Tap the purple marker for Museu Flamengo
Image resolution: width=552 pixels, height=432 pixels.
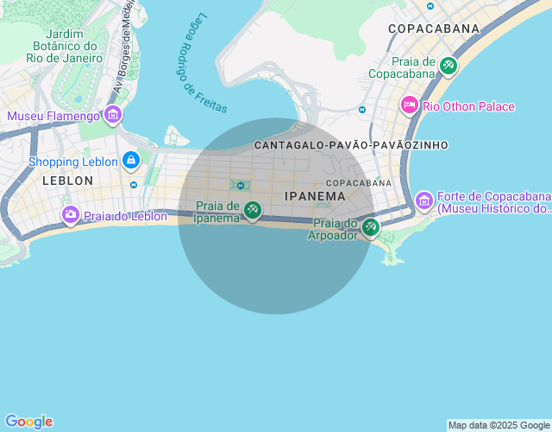point(112,114)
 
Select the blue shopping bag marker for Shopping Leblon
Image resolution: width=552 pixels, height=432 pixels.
point(131,160)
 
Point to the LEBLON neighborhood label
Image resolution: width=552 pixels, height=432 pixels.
point(67,181)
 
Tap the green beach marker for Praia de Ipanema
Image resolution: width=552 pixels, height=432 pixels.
point(252,209)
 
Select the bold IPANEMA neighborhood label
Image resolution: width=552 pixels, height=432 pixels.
point(315,196)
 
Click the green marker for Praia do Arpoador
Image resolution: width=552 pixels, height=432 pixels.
point(370,227)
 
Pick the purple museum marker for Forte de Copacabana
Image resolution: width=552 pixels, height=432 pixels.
point(423,200)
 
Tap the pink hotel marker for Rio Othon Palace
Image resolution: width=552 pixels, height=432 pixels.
point(410,105)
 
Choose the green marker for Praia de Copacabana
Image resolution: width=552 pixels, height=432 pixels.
point(448,66)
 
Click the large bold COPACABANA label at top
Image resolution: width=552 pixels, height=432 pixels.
point(433,29)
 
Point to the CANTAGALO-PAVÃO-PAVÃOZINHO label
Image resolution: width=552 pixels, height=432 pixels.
point(351,145)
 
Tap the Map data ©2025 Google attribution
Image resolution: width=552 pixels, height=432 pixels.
point(499,425)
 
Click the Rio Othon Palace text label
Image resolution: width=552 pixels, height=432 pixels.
point(468,106)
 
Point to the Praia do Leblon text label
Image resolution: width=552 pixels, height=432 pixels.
point(125,216)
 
